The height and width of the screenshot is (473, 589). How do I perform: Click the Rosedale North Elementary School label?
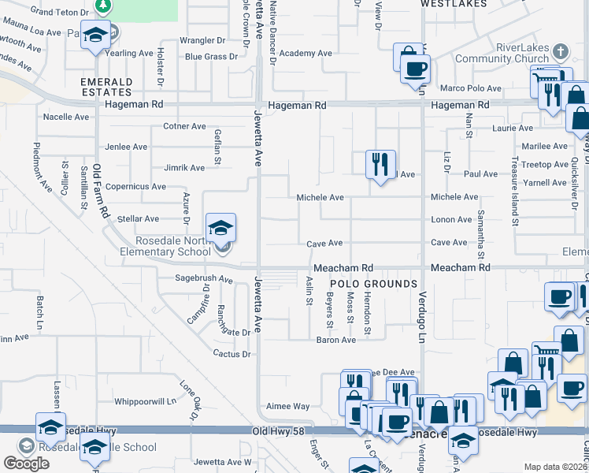171,246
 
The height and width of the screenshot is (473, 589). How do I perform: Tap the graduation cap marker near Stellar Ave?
221,229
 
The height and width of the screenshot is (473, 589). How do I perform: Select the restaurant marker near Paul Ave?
380,165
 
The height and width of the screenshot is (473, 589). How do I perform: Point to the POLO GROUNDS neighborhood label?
373,284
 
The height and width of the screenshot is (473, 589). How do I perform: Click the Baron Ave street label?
336,340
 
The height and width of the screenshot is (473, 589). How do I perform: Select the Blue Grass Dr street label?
211,57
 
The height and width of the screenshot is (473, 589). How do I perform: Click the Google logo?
26,464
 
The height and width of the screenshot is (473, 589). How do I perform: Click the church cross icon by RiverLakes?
560,53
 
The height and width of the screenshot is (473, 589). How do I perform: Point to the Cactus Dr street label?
232,354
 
